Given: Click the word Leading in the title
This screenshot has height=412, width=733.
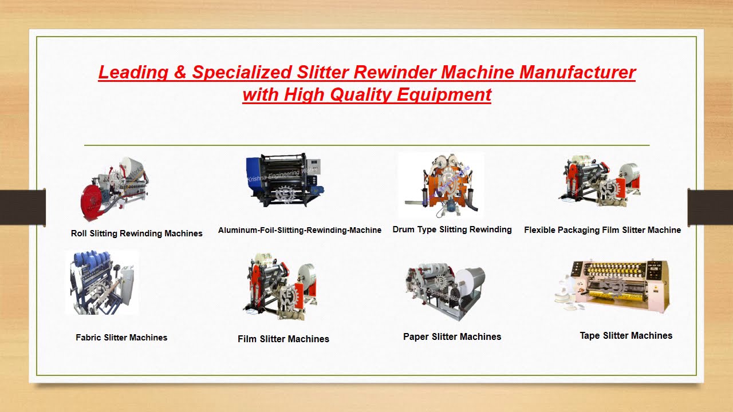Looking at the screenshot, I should pos(133,73).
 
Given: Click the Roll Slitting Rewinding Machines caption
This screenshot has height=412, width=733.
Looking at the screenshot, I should pos(136,233).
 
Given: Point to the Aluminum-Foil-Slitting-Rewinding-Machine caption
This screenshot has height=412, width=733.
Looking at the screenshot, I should pos(299,230).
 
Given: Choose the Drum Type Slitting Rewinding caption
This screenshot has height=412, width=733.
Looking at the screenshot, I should pos(452,229).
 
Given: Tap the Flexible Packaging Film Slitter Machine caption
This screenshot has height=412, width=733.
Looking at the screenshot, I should pos(602,230).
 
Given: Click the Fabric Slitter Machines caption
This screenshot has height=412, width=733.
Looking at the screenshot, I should pos(121,338).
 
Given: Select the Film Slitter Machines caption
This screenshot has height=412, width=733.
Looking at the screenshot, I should pos(283,339).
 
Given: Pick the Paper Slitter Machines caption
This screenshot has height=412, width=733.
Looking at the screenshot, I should pos(452,336).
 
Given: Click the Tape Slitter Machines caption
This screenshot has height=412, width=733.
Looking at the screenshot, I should pos(626,335).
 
